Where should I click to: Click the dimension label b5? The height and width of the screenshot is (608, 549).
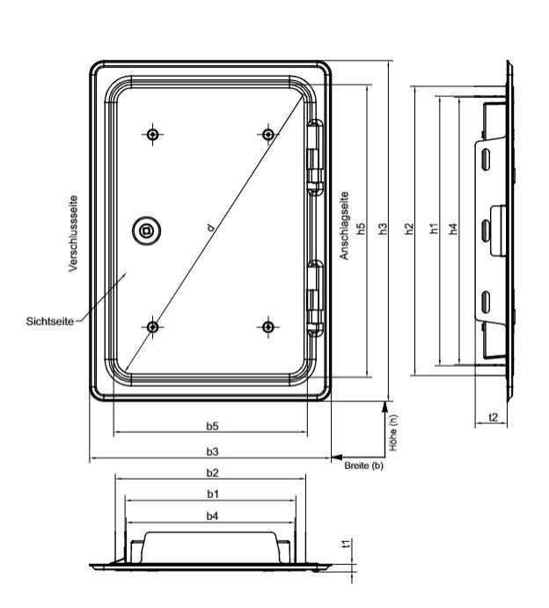click(x=212, y=426)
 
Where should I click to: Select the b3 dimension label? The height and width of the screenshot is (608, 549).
click(x=212, y=451)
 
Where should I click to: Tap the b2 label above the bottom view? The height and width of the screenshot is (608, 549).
click(x=212, y=472)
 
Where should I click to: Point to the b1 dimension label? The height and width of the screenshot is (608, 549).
click(x=212, y=494)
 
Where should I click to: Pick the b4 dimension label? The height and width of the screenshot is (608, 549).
click(x=212, y=516)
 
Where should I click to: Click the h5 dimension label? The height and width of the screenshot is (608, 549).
click(x=361, y=229)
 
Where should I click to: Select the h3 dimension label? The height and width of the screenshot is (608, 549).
click(x=383, y=229)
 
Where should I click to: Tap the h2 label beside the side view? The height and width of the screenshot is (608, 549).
click(x=409, y=229)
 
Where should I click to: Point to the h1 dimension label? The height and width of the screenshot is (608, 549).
click(x=434, y=229)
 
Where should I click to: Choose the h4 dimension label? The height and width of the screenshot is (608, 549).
click(x=453, y=229)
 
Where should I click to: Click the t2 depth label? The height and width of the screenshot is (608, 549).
click(x=493, y=417)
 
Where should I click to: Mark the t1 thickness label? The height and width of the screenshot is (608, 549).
click(x=348, y=544)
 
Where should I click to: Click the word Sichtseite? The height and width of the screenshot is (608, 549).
click(x=50, y=321)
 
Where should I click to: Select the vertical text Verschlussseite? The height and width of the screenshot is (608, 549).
click(x=73, y=233)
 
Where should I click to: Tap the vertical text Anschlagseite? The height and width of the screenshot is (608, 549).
click(x=344, y=225)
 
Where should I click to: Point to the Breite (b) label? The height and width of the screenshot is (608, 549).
click(x=363, y=465)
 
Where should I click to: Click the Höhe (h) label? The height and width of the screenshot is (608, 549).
click(x=393, y=433)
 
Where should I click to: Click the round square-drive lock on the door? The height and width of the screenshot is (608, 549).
click(x=146, y=231)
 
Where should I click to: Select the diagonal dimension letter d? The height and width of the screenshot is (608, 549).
click(x=210, y=227)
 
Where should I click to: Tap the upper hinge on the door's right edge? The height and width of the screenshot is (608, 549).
click(x=315, y=157)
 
